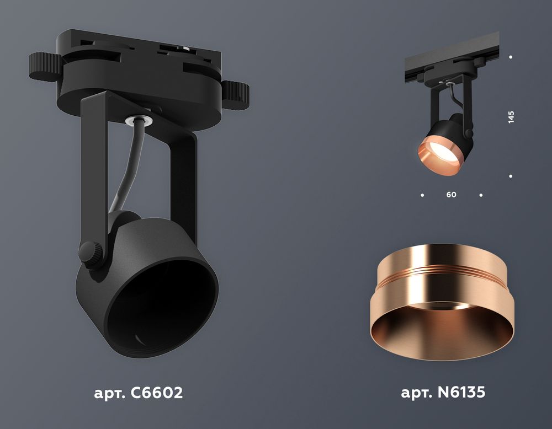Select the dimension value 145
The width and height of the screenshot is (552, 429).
coord(511,117)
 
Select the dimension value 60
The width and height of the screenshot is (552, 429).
coord(452,195)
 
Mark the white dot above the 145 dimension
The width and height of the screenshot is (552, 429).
coord(511,57)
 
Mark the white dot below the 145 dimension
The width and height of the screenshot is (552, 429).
coord(511,176)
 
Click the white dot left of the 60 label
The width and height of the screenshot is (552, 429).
coord(422,195)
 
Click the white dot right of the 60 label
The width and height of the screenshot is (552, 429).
coord(481,195)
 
